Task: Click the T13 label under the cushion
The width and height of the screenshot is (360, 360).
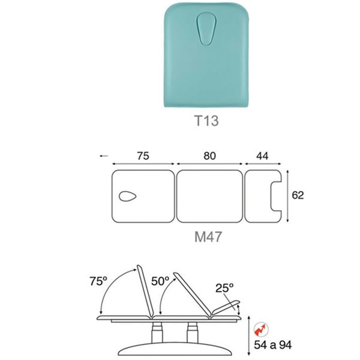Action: (x=206, y=121)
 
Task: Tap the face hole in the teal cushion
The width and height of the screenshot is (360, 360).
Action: (x=206, y=29)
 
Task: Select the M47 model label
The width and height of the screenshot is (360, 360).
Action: (x=208, y=237)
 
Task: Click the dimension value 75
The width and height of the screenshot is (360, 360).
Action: (x=143, y=156)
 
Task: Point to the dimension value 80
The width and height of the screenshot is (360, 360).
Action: (x=209, y=156)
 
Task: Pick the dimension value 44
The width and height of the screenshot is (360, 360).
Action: (x=262, y=156)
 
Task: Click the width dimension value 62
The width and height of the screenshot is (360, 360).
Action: (x=298, y=195)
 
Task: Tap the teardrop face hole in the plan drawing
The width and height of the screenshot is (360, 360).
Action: (x=128, y=197)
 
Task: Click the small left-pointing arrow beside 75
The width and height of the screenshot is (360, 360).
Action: (x=104, y=156)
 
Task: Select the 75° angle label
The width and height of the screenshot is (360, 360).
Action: (x=98, y=281)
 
